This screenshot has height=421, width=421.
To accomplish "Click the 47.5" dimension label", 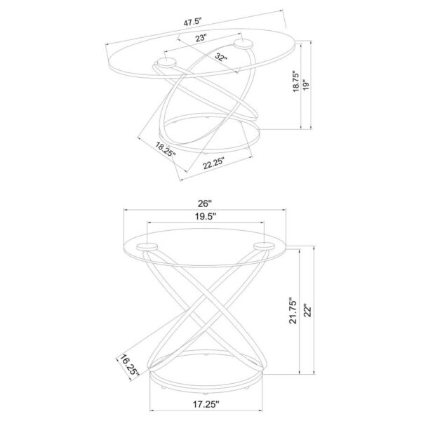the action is [x=192, y=22].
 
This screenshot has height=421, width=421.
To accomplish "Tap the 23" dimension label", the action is [x=201, y=38].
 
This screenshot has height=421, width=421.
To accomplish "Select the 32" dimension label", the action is [x=221, y=57].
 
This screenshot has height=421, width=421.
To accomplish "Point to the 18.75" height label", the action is [x=295, y=81].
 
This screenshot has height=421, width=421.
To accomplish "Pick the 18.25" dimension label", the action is [x=166, y=149].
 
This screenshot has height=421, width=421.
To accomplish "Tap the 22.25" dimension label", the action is [x=213, y=163].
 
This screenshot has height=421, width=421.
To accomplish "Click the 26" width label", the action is [x=205, y=203].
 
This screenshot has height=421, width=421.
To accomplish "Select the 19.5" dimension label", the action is [x=206, y=216].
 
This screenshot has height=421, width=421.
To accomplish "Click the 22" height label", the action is [x=308, y=310].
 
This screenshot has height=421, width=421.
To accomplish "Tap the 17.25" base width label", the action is [x=206, y=404].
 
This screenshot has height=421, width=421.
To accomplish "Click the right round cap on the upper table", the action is [x=243, y=44].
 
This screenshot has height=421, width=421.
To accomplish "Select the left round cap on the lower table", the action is [x=147, y=246].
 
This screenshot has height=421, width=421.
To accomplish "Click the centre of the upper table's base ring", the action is [x=209, y=133].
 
